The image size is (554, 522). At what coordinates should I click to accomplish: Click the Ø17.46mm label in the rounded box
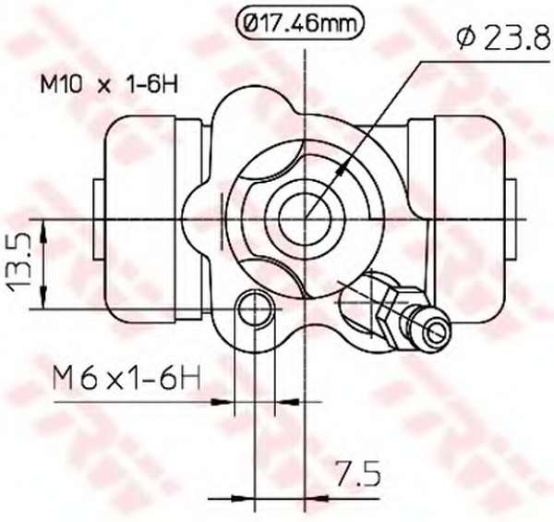click(299, 24)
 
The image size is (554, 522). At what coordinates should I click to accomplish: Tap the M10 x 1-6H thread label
click(109, 84)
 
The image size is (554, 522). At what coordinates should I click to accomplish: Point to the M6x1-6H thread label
click(126, 378)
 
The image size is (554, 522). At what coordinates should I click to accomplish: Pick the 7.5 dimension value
click(358, 472)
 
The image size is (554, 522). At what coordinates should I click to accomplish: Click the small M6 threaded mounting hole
click(255, 310)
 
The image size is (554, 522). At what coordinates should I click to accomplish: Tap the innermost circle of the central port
click(305, 219)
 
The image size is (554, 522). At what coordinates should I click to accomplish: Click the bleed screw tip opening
click(438, 331)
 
